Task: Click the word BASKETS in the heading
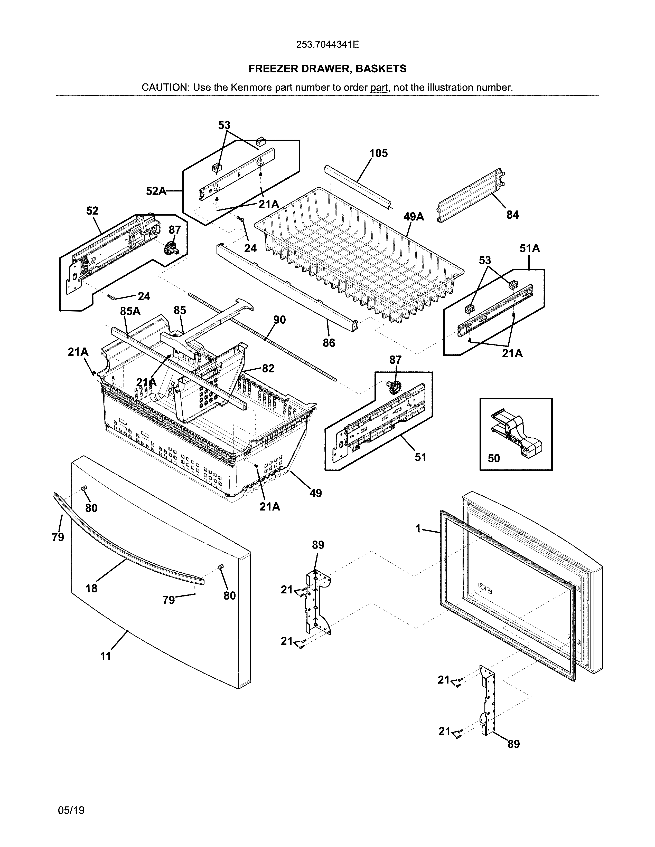point(381,69)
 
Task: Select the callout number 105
point(378,153)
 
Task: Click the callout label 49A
point(413,217)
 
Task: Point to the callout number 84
point(512,215)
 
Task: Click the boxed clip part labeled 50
point(517,429)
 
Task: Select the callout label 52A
point(156,191)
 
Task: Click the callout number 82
point(268,368)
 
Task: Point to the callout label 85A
point(130,311)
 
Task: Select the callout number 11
point(106,656)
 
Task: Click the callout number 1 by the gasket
point(418,528)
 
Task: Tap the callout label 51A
point(530,248)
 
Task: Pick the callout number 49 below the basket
point(315,493)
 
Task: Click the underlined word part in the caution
point(379,88)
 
